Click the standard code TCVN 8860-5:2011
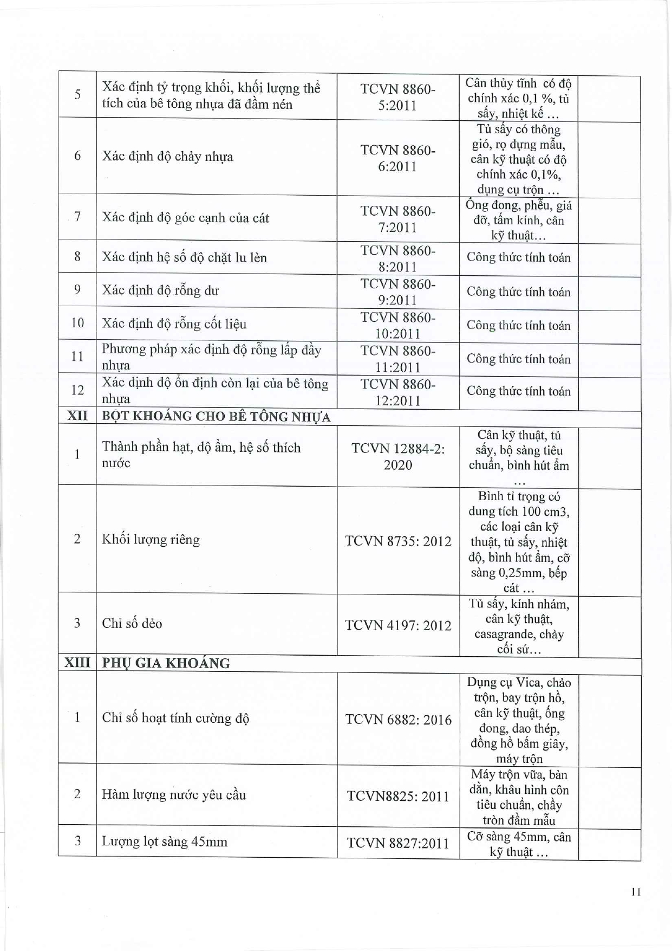(397, 97)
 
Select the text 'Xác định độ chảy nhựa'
(167, 157)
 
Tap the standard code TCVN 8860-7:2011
(397, 219)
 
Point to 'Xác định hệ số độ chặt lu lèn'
(184, 257)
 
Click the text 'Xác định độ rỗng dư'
(160, 290)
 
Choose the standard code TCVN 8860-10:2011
(397, 325)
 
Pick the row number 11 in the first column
(77, 357)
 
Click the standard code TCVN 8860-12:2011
(397, 392)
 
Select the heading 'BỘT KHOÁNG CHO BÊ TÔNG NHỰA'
(216, 417)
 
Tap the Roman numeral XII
(77, 416)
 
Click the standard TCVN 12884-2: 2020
(398, 457)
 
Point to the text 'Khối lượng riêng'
(151, 540)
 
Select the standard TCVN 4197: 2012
(398, 625)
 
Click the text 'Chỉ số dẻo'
(132, 623)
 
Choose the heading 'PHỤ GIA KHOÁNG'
(166, 663)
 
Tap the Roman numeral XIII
(77, 663)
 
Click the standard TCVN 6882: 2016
(398, 720)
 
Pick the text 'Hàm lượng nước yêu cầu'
(174, 795)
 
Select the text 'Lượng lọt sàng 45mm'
(165, 842)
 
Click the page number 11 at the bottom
(636, 891)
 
